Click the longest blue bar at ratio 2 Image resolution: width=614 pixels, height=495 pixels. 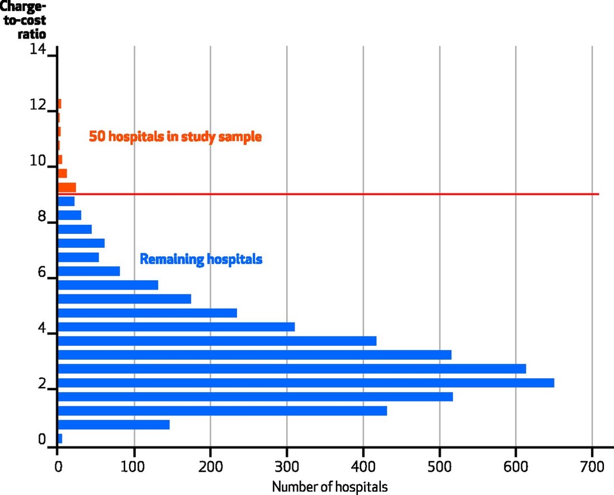(306, 383)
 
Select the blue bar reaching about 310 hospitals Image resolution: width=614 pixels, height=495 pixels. (176, 327)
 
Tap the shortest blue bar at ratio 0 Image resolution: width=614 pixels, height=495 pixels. (60, 439)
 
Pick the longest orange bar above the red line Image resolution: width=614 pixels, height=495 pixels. (67, 187)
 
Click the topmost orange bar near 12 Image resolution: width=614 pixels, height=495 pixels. (59, 103)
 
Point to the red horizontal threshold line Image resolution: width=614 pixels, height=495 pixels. (336, 194)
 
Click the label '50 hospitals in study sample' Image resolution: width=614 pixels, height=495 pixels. (175, 136)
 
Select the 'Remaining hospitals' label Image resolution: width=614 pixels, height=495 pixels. (201, 260)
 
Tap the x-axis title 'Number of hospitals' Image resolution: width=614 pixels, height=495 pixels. (329, 487)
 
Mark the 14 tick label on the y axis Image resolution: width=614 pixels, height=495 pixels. (37, 50)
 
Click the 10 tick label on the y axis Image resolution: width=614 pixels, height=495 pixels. (37, 161)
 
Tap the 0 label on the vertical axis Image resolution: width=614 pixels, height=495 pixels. (41, 440)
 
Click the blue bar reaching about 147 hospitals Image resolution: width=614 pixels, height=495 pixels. (114, 425)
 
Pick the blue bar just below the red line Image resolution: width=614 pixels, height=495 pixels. (66, 201)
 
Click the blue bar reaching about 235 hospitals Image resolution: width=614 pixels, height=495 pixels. (147, 313)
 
